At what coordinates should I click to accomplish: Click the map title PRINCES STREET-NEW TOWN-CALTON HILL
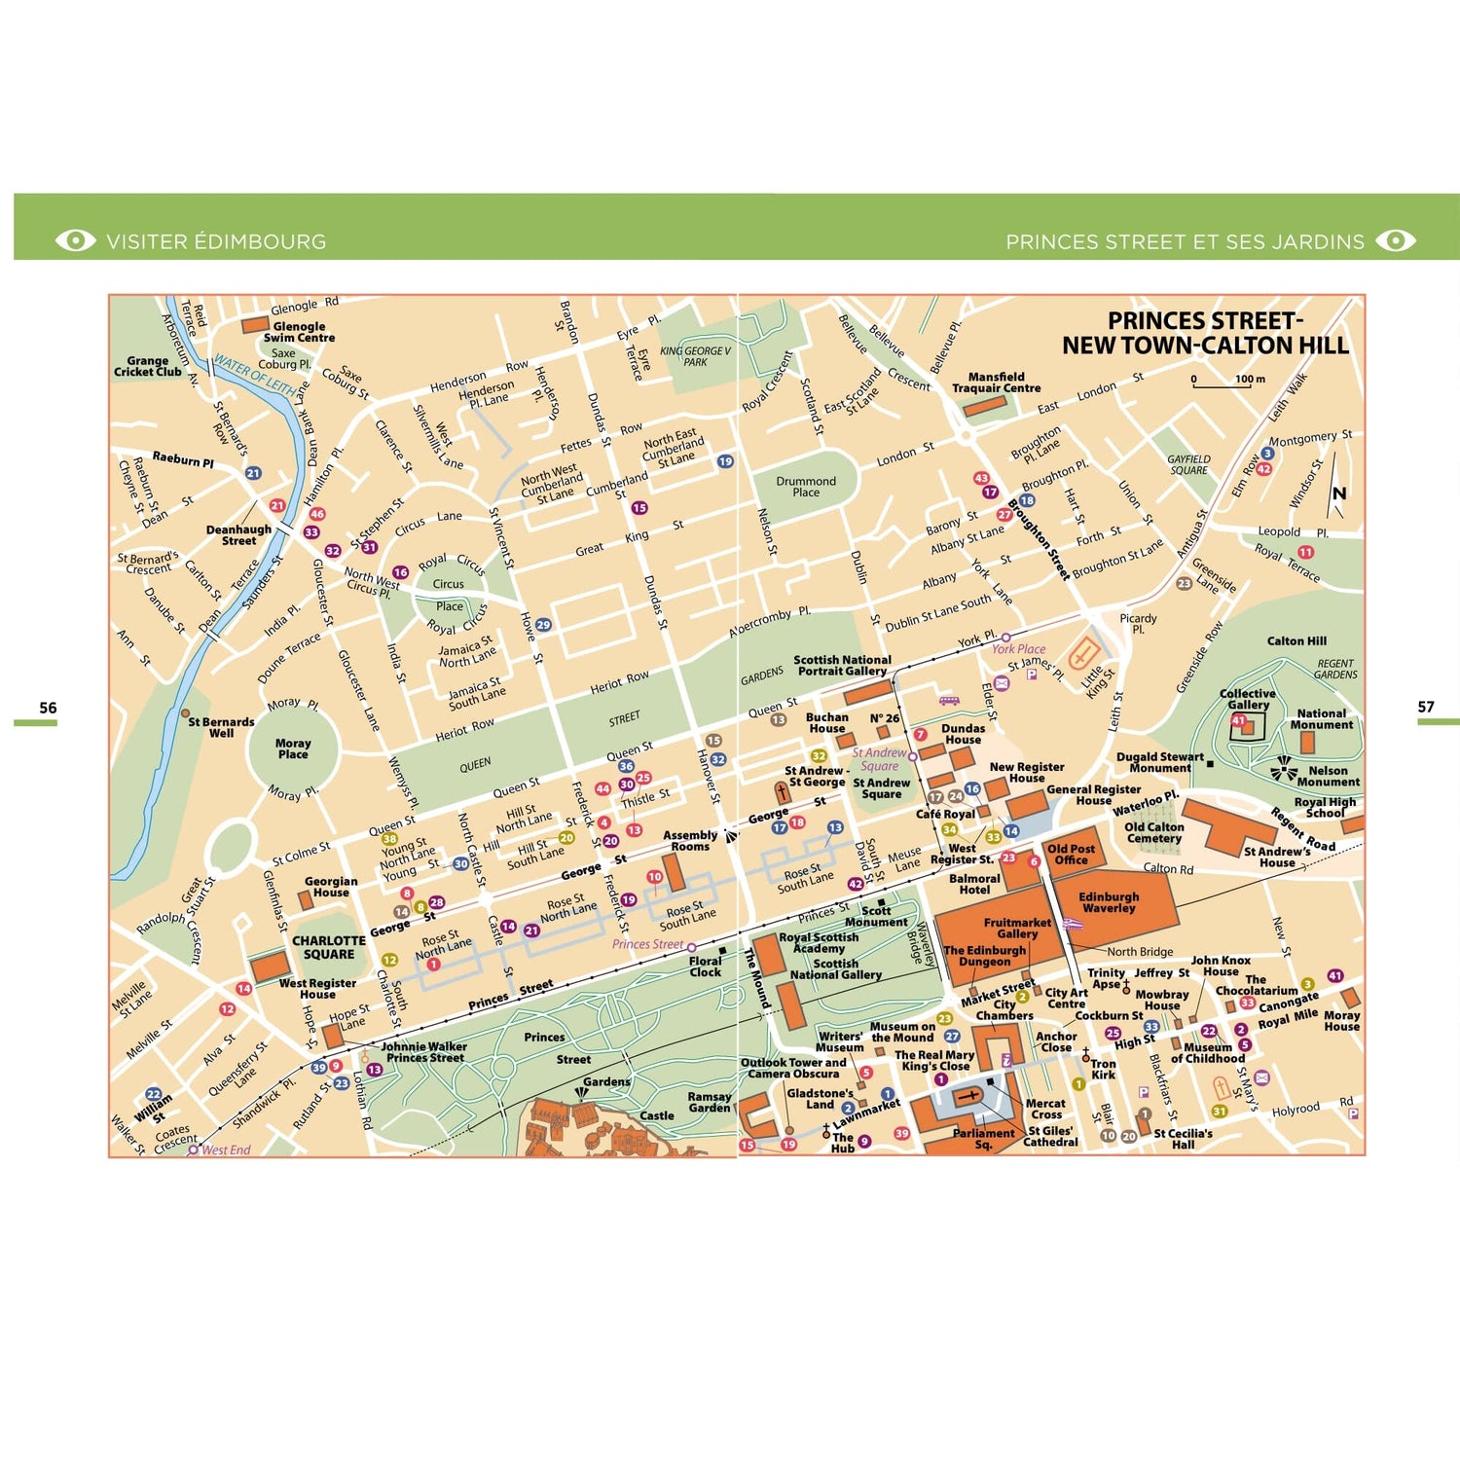1205,333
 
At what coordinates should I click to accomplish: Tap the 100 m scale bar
1222,386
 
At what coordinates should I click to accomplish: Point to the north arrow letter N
1339,493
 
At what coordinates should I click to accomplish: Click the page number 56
48,708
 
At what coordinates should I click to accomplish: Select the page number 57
1426,707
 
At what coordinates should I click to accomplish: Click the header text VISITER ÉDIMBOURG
216,241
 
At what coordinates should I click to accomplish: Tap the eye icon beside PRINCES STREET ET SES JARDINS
1396,240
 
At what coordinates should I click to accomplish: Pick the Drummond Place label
806,487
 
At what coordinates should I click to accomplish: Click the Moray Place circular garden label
293,748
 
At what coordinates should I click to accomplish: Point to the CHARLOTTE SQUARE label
329,947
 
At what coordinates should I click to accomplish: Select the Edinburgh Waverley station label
1109,902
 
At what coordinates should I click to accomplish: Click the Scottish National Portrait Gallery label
842,665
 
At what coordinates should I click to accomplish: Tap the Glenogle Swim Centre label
299,332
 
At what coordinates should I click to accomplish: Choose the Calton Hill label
1296,640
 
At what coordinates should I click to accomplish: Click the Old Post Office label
1071,854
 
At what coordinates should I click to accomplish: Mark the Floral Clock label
706,966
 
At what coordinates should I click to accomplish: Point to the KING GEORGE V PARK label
695,356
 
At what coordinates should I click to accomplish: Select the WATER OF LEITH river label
254,375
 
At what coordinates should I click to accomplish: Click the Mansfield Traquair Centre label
996,382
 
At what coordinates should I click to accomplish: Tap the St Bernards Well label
221,727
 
